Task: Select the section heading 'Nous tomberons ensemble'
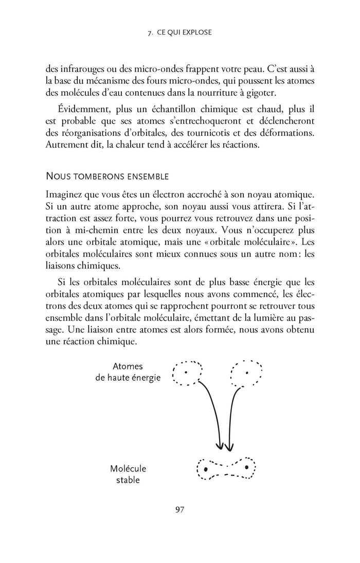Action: coord(107,176)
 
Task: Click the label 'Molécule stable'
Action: coord(128,474)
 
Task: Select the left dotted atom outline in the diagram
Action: coord(187,373)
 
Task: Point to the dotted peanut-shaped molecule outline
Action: coord(227,468)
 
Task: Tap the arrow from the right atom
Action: coord(231,412)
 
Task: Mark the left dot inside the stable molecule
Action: coord(206,469)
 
